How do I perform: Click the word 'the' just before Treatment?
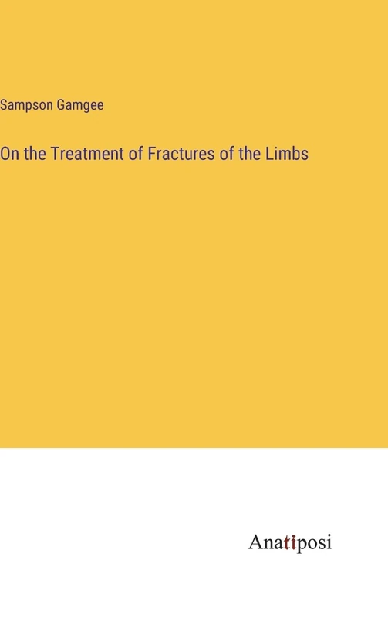[35, 154]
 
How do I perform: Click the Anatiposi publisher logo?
[290, 542]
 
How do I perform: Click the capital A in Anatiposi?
[255, 542]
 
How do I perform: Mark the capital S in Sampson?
[4, 105]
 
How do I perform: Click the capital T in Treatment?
[54, 154]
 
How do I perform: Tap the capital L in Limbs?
[269, 154]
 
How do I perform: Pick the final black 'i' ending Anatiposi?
[328, 542]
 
